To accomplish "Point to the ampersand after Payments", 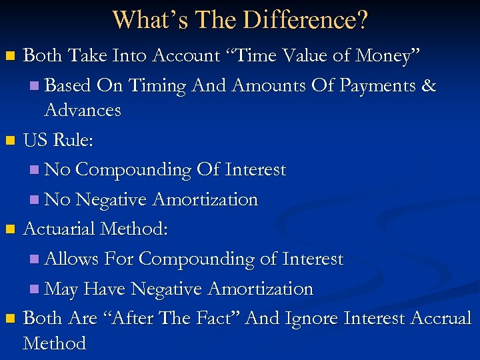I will click(429, 85).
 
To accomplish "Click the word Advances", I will click(83, 110).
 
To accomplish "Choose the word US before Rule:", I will click(36, 141).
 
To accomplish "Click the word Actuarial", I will click(59, 229).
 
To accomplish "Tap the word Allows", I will click(71, 259).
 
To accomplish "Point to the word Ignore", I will click(313, 319).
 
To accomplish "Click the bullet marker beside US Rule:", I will click(9, 141).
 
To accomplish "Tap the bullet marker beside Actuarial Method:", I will click(9, 230).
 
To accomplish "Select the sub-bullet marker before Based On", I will click(35, 86).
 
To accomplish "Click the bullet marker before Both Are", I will click(9, 319).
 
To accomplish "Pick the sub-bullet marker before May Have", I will click(35, 289).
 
